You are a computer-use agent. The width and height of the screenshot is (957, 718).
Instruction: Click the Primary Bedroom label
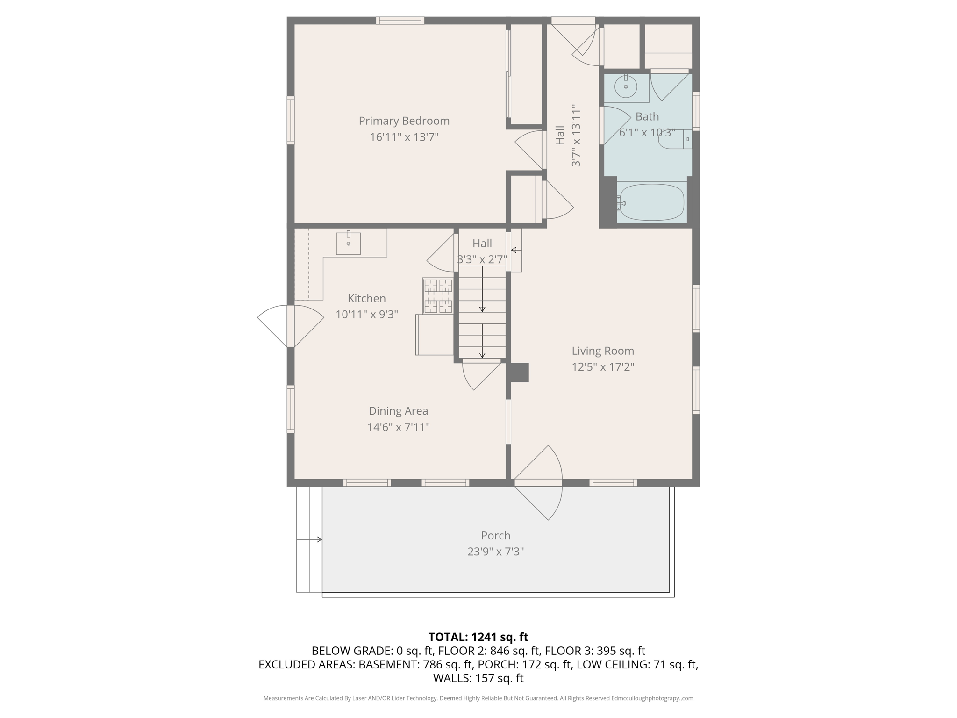pos(404,121)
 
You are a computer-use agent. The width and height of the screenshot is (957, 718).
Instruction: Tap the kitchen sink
pos(348,243)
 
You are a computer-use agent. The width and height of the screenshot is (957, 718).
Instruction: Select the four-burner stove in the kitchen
pos(438,296)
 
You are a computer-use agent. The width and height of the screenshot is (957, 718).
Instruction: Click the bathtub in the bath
pos(651,202)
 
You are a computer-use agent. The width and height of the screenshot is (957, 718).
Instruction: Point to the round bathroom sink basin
pos(626,87)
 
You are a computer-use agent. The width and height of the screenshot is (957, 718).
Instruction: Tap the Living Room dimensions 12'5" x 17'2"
pos(603,367)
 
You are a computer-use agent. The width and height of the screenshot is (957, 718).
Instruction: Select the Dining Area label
pos(398,411)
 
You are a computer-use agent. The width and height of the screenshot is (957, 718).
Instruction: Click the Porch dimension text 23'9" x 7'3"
pos(495,552)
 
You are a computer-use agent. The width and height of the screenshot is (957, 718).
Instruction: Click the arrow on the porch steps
pos(309,539)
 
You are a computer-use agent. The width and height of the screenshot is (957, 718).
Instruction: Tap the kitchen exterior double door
pos(290,326)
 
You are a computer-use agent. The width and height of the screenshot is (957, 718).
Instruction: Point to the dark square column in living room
pos(519,373)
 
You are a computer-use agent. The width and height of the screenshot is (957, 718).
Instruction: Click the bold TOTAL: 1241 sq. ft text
pos(478,637)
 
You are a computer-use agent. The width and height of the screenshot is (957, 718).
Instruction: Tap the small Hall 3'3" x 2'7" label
pos(482,251)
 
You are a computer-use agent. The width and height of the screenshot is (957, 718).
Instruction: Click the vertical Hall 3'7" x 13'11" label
pos(568,136)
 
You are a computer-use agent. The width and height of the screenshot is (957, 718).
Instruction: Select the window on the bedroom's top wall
pos(400,21)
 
